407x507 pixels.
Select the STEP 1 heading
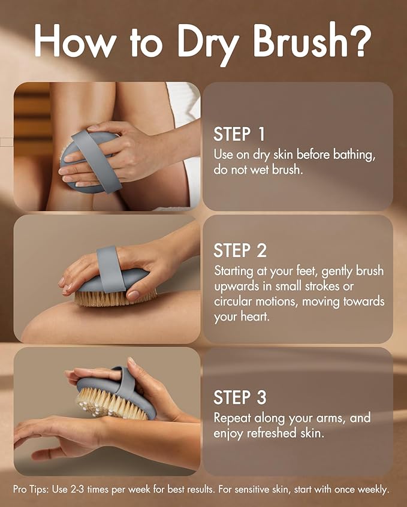click(x=239, y=133)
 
